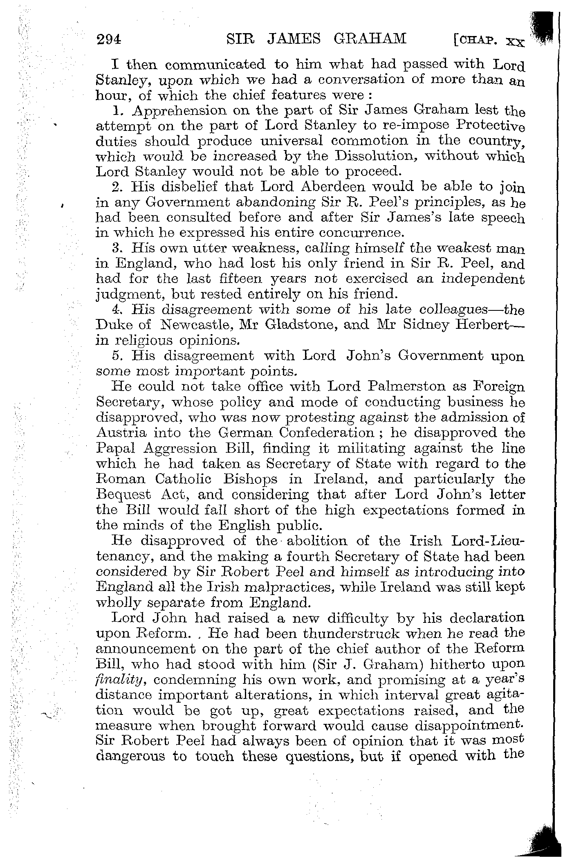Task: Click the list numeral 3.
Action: click(115, 248)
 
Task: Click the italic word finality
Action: click(119, 680)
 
